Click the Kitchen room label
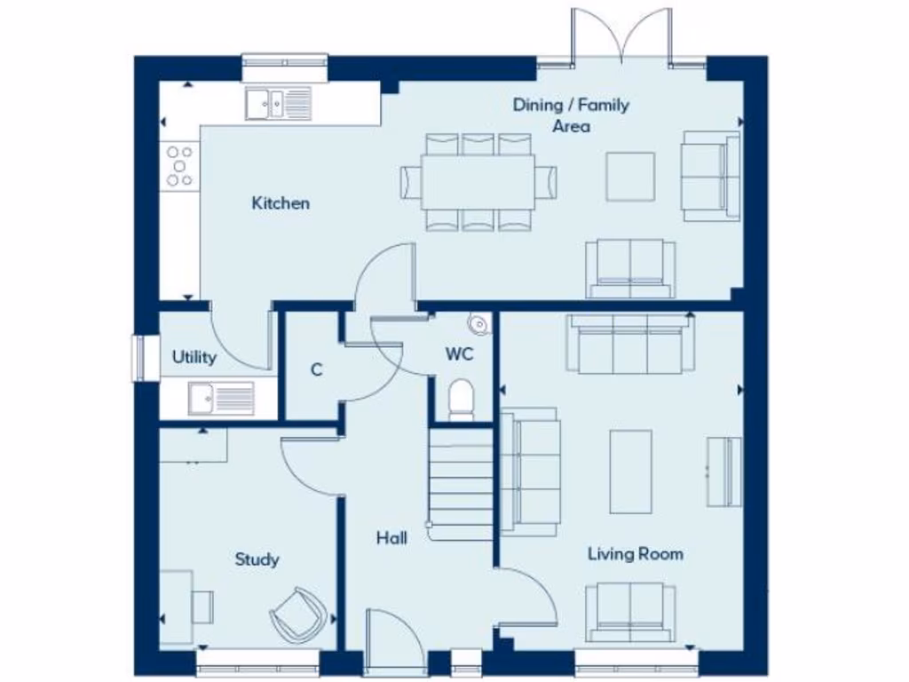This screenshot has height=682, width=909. coord(281,203)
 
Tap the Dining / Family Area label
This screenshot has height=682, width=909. coord(571,115)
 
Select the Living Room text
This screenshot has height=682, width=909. coord(636,554)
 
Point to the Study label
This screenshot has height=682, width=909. coord(257,559)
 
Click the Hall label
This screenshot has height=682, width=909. coord(391,538)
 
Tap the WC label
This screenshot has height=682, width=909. coord(459,354)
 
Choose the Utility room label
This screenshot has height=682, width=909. coord(194,358)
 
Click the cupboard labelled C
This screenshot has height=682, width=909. coord(316,370)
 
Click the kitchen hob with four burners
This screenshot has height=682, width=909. coord(179,165)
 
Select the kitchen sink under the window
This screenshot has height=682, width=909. coord(278,104)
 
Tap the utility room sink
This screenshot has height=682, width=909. coord(219,397)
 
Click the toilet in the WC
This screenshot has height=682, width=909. coord(462,400)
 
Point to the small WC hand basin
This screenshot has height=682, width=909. coord(478,325)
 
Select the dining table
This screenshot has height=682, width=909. coord(478,181)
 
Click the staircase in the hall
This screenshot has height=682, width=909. coord(460,484)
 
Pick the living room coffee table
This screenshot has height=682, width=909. coord(630,472)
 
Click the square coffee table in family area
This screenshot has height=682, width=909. coord(630,177)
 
